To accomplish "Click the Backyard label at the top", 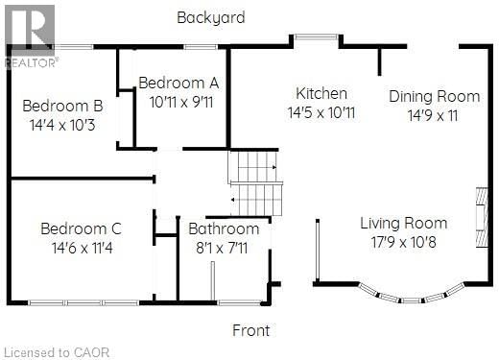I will pyautogui.click(x=210, y=17).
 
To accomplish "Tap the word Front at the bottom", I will pyautogui.click(x=252, y=331).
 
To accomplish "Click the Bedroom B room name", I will pyautogui.click(x=62, y=106).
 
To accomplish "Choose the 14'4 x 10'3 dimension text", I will pyautogui.click(x=62, y=124).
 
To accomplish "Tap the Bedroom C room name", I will pyautogui.click(x=81, y=228).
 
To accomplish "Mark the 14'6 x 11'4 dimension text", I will pyautogui.click(x=81, y=248).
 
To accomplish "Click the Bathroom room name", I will pyautogui.click(x=224, y=229).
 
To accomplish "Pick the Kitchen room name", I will pyautogui.click(x=321, y=93).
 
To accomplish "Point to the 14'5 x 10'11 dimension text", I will pyautogui.click(x=321, y=112).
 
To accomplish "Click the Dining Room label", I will pyautogui.click(x=434, y=96).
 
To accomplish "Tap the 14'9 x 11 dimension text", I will pyautogui.click(x=434, y=115).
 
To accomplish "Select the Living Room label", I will pyautogui.click(x=404, y=223).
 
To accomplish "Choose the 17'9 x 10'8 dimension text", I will pyautogui.click(x=404, y=242).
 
